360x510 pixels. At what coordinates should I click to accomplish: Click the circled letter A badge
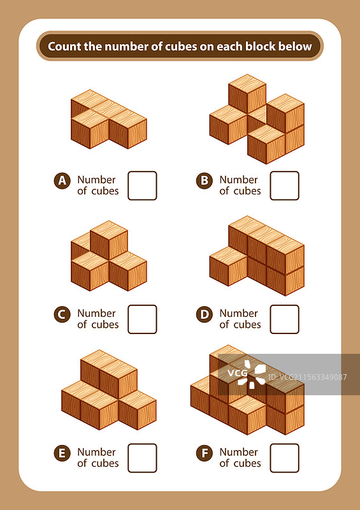click(x=62, y=181)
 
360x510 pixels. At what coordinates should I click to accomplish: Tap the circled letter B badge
click(x=205, y=181)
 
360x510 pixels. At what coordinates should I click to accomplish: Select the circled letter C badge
click(x=62, y=314)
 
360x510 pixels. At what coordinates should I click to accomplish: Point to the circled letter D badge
click(x=205, y=314)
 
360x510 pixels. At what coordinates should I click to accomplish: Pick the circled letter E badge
click(x=62, y=453)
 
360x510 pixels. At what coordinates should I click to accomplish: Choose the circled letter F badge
click(x=205, y=453)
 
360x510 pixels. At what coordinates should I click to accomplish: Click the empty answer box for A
click(x=142, y=186)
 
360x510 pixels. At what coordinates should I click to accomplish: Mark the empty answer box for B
click(x=285, y=186)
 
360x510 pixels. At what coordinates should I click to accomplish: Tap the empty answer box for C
click(x=142, y=319)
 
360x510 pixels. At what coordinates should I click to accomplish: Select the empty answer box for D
click(x=285, y=319)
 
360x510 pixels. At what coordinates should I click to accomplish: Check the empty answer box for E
click(x=142, y=458)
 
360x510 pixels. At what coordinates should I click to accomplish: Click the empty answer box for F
click(x=285, y=458)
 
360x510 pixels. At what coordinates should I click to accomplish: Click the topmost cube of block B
click(x=247, y=94)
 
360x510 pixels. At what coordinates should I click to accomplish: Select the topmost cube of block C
click(x=108, y=240)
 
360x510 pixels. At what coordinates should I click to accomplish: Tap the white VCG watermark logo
click(x=247, y=374)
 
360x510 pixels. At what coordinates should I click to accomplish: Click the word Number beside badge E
click(x=96, y=452)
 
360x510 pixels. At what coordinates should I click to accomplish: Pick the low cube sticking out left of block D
click(x=228, y=266)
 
